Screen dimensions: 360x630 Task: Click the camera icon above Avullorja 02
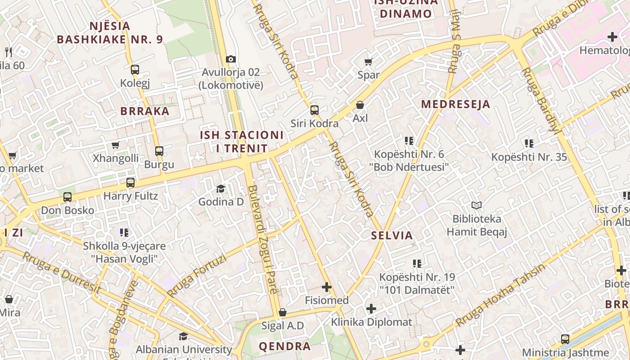tap(231, 59)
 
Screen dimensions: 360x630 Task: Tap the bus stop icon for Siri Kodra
tap(315, 110)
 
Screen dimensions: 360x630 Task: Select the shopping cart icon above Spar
tap(369, 62)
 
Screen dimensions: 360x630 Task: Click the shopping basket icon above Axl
tap(360, 105)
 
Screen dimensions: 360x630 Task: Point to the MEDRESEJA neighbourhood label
tap(455, 104)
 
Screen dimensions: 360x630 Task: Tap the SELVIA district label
tap(391, 235)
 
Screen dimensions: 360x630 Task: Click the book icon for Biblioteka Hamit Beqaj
tap(477, 206)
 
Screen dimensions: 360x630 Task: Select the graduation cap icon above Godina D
tap(220, 189)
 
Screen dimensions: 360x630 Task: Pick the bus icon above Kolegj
tap(135, 70)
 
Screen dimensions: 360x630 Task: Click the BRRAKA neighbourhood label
tap(145, 111)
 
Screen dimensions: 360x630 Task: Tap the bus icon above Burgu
tap(159, 151)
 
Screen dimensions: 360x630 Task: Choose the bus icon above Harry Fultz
tap(130, 183)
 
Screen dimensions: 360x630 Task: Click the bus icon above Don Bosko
tap(67, 197)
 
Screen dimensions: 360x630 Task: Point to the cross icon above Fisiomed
tap(327, 287)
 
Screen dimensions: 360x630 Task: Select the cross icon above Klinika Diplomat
tap(371, 309)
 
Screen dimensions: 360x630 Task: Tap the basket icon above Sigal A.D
tap(283, 312)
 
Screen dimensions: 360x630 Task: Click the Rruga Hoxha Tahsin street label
tap(500, 295)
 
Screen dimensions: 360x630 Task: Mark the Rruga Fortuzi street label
tap(197, 275)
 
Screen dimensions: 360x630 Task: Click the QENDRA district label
tap(284, 346)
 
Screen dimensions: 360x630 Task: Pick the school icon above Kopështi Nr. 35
tap(529, 144)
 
